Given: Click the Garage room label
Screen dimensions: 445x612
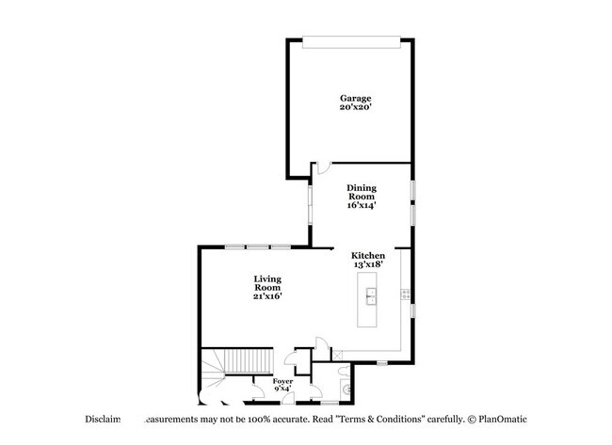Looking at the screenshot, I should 356,98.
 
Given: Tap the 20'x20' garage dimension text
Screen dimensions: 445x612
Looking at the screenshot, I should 356,108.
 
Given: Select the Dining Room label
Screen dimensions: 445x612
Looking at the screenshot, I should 361,192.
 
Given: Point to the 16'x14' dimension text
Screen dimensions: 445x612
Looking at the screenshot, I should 361,205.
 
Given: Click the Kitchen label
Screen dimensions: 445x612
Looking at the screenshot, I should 367,256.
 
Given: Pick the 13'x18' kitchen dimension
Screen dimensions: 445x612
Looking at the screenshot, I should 367,266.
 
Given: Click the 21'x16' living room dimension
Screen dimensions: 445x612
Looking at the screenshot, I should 267,296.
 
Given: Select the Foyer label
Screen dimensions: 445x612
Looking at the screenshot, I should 282,381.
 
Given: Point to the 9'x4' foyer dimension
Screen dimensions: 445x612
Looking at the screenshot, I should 282,389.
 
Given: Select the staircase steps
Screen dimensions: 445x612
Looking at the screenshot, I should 222,362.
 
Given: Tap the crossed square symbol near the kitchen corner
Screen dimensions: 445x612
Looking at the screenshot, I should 338,355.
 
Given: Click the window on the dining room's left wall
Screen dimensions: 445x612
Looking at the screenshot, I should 312,205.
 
